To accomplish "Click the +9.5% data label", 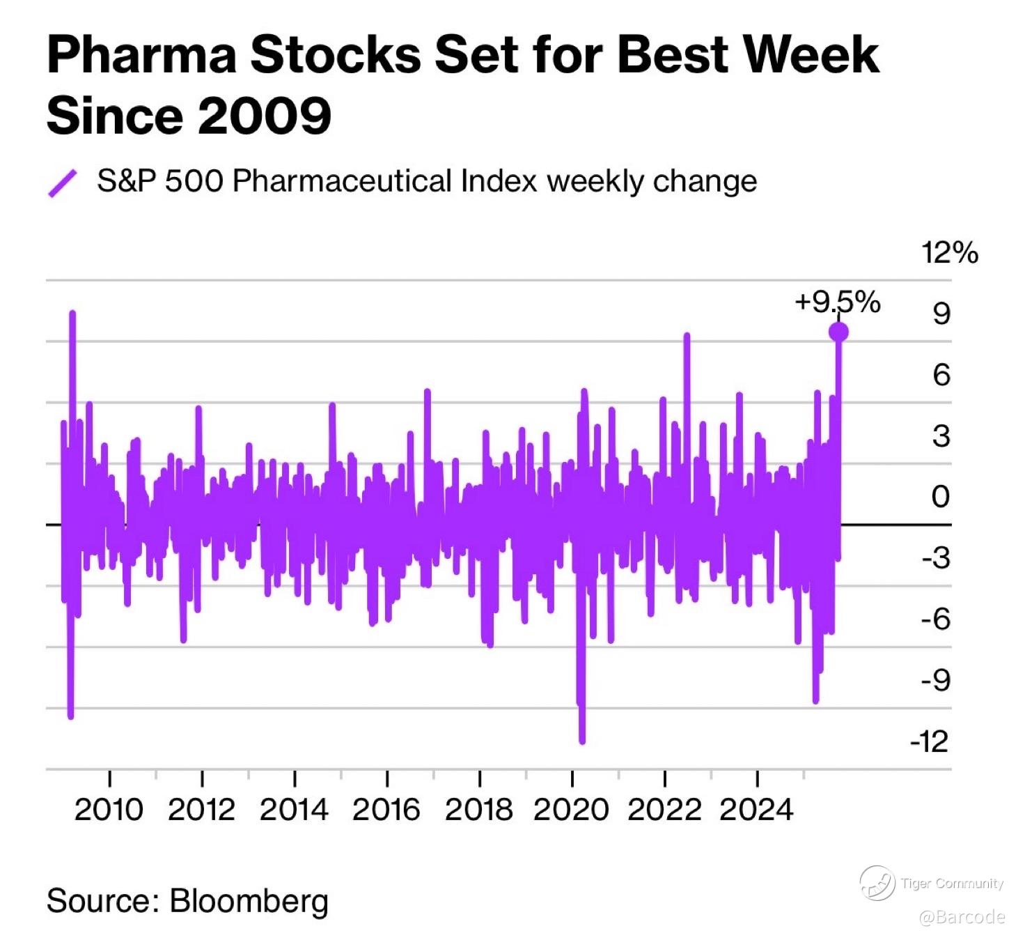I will coord(837,302).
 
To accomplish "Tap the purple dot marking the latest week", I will coord(838,332).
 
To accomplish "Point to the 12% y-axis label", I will coord(949,252).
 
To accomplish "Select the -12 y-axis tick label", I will coord(930,741).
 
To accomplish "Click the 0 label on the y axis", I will coord(941,497).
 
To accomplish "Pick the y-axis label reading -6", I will coord(935,619).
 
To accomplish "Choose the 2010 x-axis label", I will coord(109,810).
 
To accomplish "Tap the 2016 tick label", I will coord(386,810).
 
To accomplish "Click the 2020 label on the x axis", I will coord(571,810).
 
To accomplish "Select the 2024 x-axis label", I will coord(756,810).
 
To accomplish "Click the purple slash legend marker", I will coord(62,183).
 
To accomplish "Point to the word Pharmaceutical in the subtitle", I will coord(342,181).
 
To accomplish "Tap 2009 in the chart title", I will coord(265,116).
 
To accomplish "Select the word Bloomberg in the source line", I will coord(249,900).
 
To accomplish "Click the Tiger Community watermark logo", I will coord(877,883).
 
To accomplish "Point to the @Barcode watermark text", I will coord(962,917).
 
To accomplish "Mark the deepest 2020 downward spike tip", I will coord(582,741).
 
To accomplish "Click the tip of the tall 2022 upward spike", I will coord(687,337).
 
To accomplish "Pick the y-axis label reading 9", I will coord(941,314).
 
